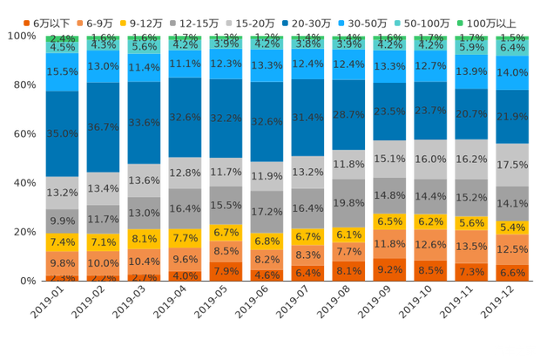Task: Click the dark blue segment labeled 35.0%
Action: click(x=63, y=133)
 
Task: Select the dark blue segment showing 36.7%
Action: click(x=104, y=126)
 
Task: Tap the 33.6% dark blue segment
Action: click(x=145, y=123)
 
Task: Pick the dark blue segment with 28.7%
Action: click(x=349, y=115)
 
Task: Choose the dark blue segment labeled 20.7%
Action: click(x=471, y=114)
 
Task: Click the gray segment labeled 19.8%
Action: click(x=349, y=202)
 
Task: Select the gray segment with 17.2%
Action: click(x=267, y=212)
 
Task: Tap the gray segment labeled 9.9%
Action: click(x=63, y=221)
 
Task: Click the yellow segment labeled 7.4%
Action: click(x=63, y=242)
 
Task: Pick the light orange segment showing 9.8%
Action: click(x=63, y=263)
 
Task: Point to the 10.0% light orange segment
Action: click(x=104, y=263)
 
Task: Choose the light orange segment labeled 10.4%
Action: click(x=145, y=262)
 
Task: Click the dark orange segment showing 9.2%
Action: click(x=390, y=269)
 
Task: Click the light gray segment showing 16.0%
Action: click(x=431, y=160)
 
